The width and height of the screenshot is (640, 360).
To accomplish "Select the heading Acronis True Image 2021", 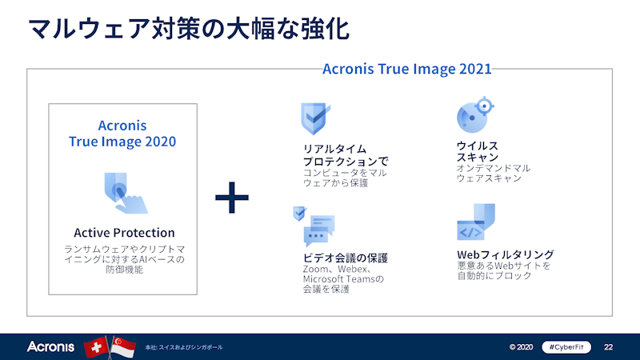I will (406, 69).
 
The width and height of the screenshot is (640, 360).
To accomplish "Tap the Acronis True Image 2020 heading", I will (122, 134).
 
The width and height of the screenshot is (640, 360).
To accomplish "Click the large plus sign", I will (232, 197).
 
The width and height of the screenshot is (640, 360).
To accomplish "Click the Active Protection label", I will (124, 233).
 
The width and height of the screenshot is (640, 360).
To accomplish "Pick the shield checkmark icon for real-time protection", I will (315, 119).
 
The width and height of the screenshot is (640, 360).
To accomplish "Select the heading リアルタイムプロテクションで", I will (346, 155).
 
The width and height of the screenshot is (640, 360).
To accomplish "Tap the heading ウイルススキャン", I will (478, 151).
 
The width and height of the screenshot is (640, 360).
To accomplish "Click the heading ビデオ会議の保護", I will (345, 258).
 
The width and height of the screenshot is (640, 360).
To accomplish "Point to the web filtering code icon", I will (475, 223).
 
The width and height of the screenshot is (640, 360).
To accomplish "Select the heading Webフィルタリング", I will (505, 254).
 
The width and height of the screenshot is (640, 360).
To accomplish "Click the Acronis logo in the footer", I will (50, 346).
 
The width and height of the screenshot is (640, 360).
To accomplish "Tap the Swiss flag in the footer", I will (96, 346).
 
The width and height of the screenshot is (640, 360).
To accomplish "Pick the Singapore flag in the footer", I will (123, 346).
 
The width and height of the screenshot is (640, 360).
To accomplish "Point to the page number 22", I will (608, 347).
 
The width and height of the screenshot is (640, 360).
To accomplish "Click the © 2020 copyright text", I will (520, 347).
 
